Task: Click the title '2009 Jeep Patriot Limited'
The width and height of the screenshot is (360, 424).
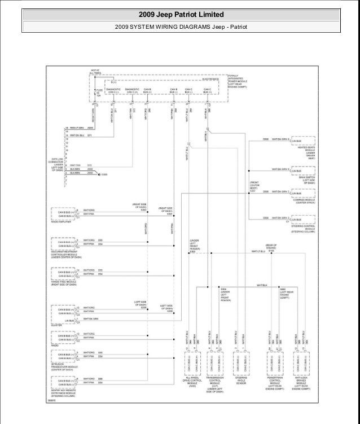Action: [179, 14]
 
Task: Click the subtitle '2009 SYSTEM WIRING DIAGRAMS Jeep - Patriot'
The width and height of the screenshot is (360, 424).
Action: [179, 27]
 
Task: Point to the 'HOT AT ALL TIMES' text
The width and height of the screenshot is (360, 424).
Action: [95, 71]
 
